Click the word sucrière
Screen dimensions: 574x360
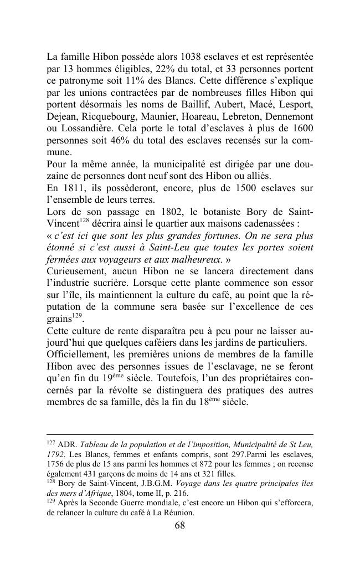[x=116, y=283]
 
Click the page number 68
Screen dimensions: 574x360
[x=180, y=526]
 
